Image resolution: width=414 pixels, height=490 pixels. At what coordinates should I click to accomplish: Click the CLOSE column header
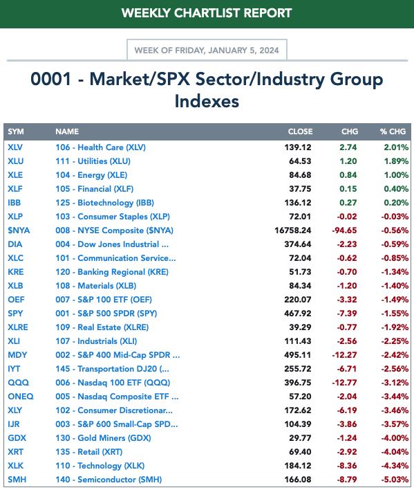[300, 131]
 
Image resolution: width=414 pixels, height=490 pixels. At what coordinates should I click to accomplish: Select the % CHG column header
[393, 131]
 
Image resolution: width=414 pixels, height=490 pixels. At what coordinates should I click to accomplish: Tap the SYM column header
[16, 131]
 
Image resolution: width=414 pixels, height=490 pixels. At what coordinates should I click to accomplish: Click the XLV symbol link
[15, 147]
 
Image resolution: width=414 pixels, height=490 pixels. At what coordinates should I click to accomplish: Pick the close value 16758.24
[292, 230]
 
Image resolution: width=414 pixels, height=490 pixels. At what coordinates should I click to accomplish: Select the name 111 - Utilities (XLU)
[93, 161]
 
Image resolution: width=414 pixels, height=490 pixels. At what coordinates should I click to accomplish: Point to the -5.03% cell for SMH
[395, 480]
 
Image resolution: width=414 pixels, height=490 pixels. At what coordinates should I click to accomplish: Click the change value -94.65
[344, 230]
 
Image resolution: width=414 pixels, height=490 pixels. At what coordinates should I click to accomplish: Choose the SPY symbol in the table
[15, 314]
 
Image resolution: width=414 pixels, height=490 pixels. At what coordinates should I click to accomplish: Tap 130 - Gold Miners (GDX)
[103, 438]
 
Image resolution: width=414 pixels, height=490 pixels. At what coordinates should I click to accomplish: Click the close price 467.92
[298, 314]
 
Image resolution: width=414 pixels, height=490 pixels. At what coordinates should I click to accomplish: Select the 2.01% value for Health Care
[396, 147]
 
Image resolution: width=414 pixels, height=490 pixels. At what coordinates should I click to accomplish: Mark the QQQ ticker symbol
[18, 383]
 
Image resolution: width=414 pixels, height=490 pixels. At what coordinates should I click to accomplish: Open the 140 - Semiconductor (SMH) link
[109, 480]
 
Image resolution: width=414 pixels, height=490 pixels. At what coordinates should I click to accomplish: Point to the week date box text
[207, 51]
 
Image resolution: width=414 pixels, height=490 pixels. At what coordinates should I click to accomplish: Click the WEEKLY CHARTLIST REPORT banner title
[207, 13]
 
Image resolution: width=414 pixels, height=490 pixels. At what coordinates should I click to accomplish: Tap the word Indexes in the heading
[207, 101]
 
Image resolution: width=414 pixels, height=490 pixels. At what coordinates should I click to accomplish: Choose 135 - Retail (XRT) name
[89, 451]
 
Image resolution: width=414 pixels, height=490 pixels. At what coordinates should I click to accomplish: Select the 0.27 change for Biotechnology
[348, 203]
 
